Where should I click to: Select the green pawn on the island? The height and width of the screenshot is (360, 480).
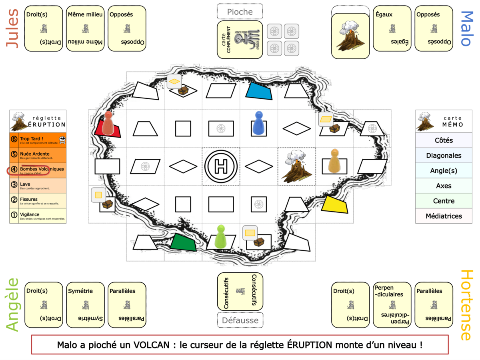(x=220, y=237)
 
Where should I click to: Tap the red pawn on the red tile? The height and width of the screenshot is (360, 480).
(x=108, y=123)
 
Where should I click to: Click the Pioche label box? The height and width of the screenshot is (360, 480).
(x=240, y=12)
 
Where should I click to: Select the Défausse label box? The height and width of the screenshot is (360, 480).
(x=240, y=320)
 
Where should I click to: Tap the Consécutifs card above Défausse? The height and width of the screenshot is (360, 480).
(x=240, y=292)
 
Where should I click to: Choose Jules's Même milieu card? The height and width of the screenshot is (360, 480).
(x=85, y=28)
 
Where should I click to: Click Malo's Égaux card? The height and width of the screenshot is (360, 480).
(x=392, y=28)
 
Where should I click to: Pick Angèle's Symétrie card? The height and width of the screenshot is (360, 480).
(x=85, y=305)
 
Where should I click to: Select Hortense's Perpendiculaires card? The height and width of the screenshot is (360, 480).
(x=392, y=305)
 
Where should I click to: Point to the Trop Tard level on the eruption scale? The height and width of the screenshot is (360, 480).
(x=38, y=140)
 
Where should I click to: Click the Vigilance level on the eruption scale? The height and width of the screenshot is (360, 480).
(x=38, y=216)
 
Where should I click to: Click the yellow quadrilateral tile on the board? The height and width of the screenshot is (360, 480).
(x=335, y=205)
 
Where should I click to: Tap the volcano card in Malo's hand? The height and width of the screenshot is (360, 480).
(x=350, y=36)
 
